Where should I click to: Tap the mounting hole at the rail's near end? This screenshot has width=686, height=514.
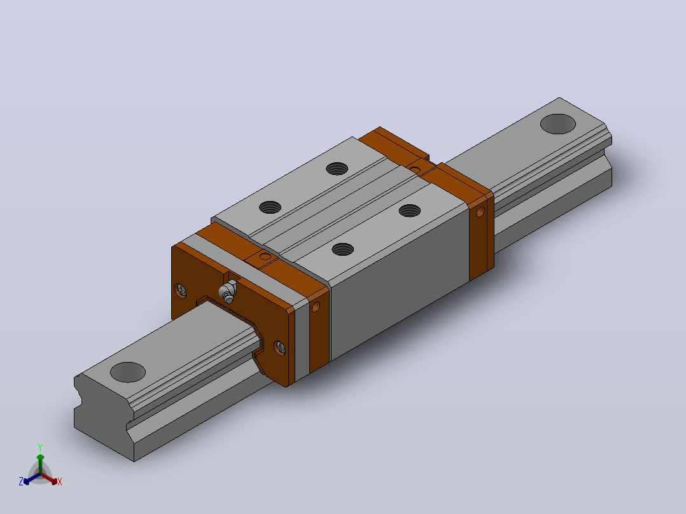click(x=128, y=372)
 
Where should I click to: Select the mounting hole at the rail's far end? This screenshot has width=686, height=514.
click(x=558, y=124)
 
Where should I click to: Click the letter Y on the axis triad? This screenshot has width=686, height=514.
click(x=40, y=448)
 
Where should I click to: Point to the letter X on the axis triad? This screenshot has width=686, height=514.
click(x=60, y=482)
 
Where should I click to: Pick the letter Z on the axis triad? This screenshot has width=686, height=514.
click(x=21, y=482)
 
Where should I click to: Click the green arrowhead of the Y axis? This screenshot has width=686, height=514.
click(x=40, y=457)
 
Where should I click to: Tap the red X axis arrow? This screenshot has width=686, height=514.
click(x=48, y=478)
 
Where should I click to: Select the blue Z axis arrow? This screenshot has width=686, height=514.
click(x=32, y=478)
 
